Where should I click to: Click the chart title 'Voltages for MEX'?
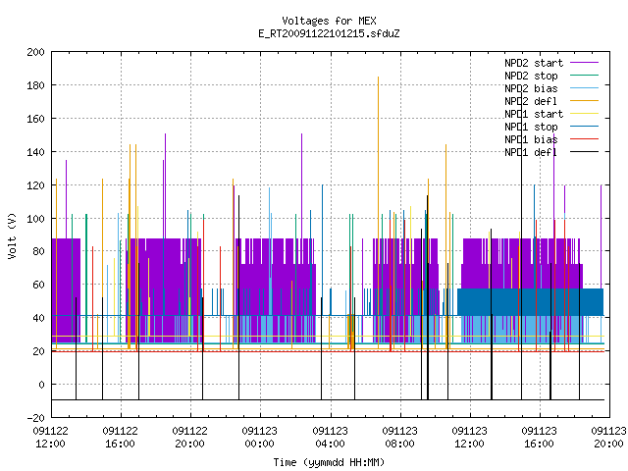click(329, 21)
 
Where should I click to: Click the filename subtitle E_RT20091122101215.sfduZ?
click(329, 33)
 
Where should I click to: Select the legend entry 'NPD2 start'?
click(534, 63)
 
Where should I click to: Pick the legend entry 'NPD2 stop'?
click(531, 76)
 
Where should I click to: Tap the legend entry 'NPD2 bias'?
click(531, 88)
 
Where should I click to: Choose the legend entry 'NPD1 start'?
click(534, 114)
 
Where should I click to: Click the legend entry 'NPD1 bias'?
click(531, 139)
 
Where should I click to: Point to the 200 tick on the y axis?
click(35, 52)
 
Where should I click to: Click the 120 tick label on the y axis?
click(35, 185)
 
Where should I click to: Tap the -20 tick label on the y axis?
click(35, 418)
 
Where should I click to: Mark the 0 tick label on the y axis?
click(41, 385)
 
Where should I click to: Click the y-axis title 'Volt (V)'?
click(12, 235)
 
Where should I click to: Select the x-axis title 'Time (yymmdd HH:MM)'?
click(329, 462)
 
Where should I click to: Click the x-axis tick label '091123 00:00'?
click(259, 438)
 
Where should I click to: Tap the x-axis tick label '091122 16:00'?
click(120, 438)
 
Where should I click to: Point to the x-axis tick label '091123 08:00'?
click(399, 438)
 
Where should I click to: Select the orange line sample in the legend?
click(585, 101)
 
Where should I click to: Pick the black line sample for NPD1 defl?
click(585, 152)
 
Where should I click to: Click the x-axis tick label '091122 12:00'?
click(50, 438)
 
